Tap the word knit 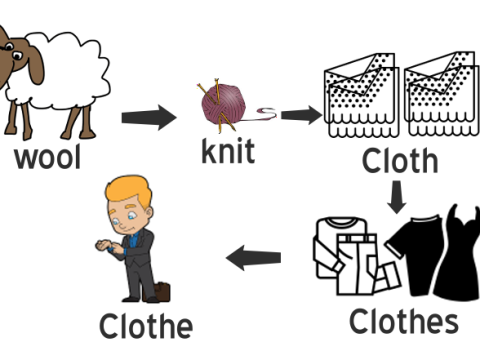(228, 152)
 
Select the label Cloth (400, 160)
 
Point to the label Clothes (403, 321)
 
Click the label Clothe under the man (145, 326)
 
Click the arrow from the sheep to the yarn (148, 118)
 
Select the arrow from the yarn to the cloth (301, 115)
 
